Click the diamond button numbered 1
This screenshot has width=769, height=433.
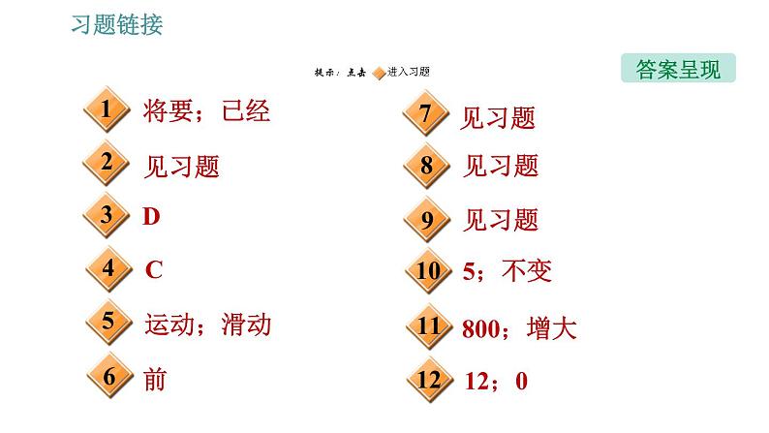coord(108,111)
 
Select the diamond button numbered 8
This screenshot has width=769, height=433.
coord(426,166)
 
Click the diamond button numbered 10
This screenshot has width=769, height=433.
coord(426,272)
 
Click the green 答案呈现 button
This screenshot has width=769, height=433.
coord(678,70)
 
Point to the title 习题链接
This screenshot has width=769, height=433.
coord(117,25)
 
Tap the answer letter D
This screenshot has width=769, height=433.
coord(151,217)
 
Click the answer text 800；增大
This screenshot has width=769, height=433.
coord(519,328)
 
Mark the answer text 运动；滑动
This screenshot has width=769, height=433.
coord(206,324)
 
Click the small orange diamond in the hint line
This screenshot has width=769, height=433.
coord(378,73)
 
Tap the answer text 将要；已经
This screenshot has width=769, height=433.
coord(206,111)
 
